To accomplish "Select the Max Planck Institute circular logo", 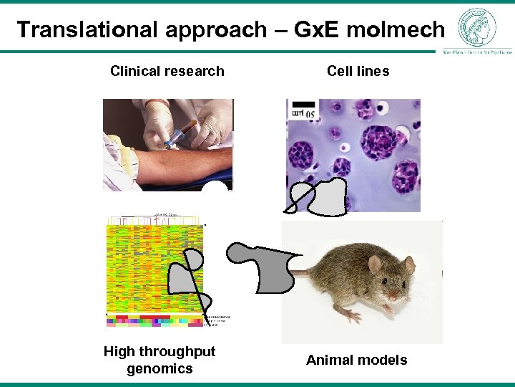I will [x=476, y=27].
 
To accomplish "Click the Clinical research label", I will [x=167, y=71].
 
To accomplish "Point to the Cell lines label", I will [x=358, y=71].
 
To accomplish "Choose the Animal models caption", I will [x=356, y=360].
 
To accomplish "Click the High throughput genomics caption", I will [x=159, y=360].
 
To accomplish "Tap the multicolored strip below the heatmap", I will [x=154, y=320].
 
